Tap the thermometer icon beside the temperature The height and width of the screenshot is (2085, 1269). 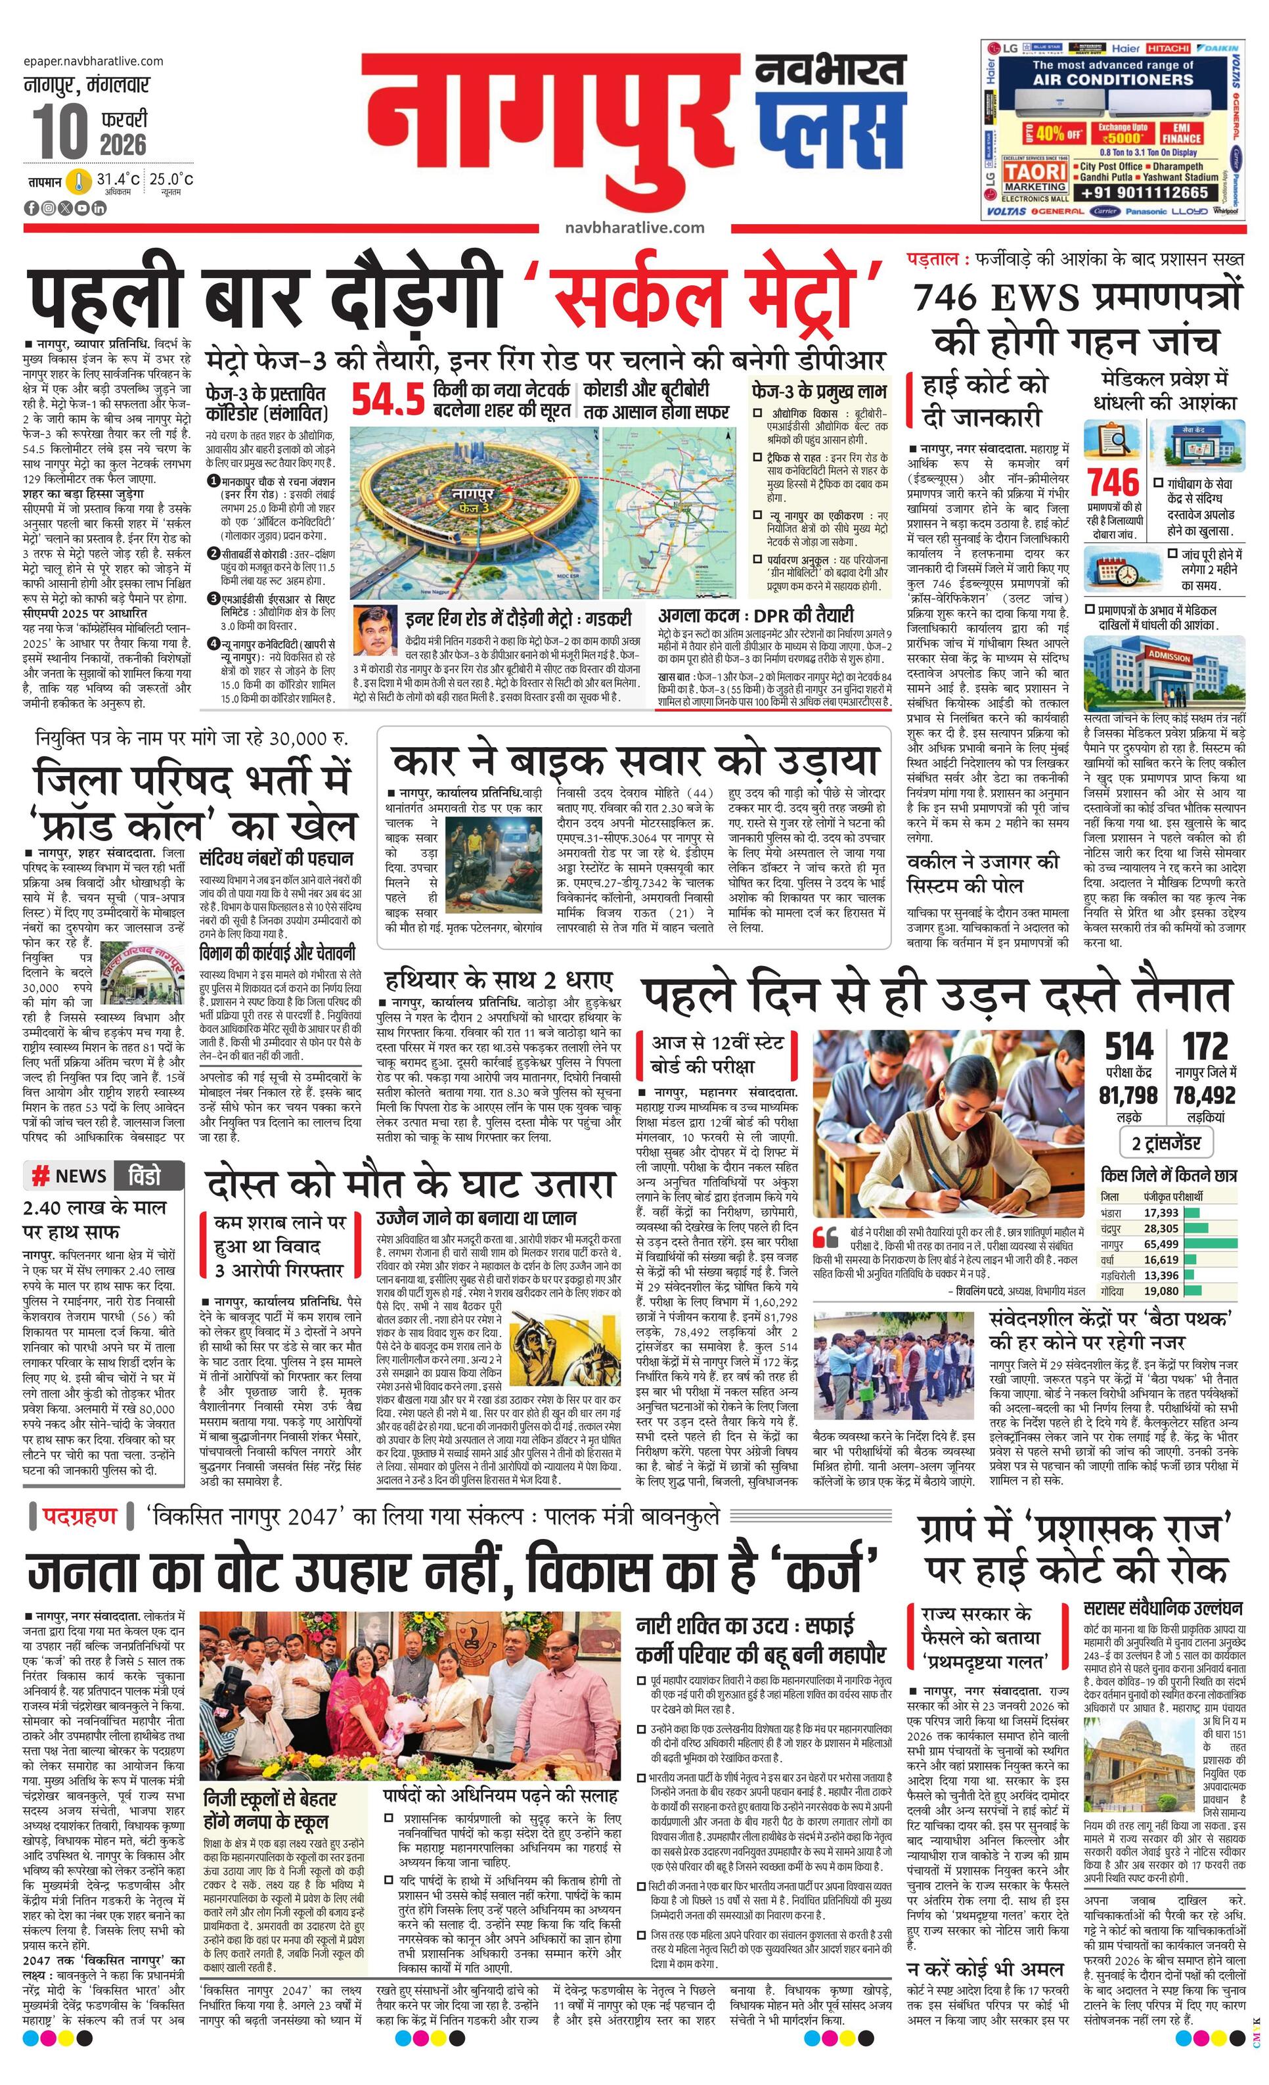pyautogui.click(x=79, y=181)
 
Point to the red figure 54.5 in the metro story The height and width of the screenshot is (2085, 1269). pyautogui.click(x=388, y=401)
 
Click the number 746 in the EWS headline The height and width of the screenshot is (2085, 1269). pyautogui.click(x=955, y=298)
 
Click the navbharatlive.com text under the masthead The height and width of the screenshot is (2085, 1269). pyautogui.click(x=634, y=227)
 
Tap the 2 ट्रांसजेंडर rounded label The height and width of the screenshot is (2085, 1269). pyautogui.click(x=1167, y=1143)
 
